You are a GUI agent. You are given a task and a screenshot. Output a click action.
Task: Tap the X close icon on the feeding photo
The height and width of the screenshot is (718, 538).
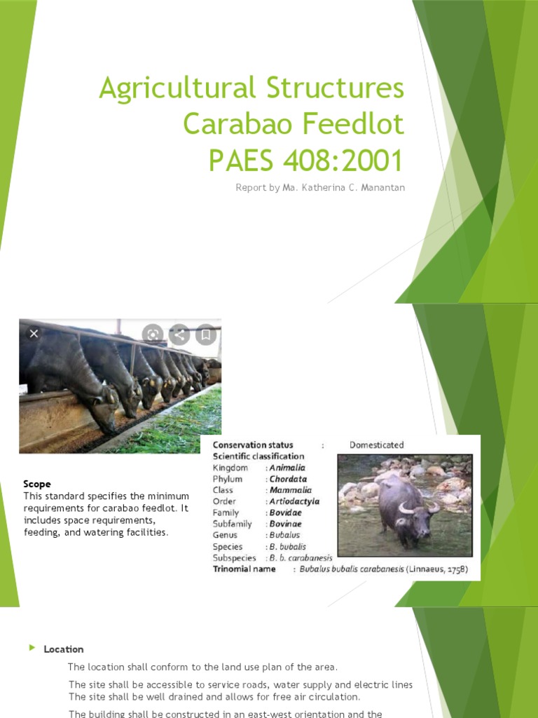pos(34,334)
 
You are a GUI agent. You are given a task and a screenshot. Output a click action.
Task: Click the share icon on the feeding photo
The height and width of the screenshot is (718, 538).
pos(179,334)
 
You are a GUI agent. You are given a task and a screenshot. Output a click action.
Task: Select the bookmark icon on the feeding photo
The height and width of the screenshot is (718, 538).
pos(206,334)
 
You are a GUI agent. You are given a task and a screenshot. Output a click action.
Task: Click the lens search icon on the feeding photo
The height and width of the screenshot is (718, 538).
pos(153,334)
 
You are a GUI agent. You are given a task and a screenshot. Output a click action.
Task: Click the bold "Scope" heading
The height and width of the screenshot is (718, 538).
pos(37,485)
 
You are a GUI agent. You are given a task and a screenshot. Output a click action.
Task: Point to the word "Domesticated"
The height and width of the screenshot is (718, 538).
pos(377,445)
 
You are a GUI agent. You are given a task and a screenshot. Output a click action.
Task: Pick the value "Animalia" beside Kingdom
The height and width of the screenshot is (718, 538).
pos(287,468)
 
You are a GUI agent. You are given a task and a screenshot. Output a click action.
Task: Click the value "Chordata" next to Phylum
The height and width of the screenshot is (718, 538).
pos(289,479)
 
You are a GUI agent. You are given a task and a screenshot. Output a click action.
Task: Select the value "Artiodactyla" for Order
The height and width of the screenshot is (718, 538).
pos(294,501)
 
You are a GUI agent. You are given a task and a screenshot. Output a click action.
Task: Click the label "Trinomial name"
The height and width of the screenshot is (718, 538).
pos(244,569)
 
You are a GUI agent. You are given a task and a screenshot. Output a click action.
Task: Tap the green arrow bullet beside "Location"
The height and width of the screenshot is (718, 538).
pos(32,648)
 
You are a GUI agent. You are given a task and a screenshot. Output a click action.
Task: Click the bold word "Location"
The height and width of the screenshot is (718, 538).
pos(64,649)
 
